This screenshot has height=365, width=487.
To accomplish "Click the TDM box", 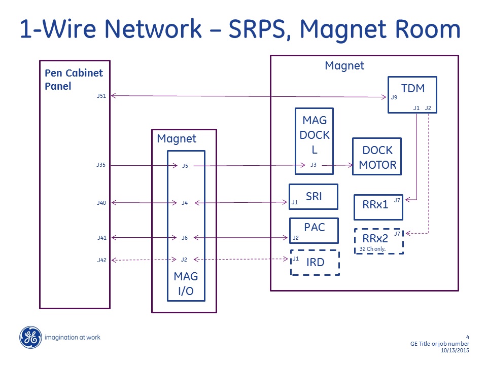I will click(412, 94).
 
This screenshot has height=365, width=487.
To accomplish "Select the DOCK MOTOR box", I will click(377, 157).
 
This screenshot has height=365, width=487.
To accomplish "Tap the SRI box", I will click(314, 197).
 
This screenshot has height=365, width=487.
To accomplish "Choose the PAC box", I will click(314, 231).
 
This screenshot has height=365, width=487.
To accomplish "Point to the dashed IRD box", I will click(315, 263).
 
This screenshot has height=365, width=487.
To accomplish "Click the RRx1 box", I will click(378, 207).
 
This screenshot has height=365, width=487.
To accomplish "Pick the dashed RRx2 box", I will click(378, 241).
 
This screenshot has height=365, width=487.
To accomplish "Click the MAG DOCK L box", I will click(315, 141).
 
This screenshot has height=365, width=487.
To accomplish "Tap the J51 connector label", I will click(101, 95).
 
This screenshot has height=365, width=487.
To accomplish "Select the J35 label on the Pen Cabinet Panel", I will click(101, 165).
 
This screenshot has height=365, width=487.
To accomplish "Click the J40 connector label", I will click(101, 203).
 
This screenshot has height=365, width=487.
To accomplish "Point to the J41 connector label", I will click(101, 237).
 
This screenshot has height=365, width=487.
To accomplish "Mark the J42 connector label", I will click(101, 260).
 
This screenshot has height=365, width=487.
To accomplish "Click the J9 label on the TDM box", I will click(394, 97).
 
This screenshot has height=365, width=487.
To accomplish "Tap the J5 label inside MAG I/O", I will click(185, 166).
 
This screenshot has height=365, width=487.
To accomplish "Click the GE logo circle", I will click(30, 338).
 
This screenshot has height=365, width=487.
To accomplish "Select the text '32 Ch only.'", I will click(372, 249).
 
